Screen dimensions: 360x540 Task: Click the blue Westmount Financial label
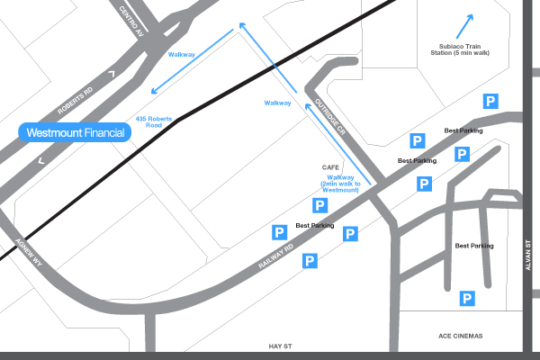coord(76,132)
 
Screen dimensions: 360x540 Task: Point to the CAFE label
coord(329,167)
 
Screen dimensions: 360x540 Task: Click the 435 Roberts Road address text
coord(153,122)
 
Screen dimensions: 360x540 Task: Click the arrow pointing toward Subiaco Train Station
coord(465,24)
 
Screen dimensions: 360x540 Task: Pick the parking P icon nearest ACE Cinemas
coord(467,298)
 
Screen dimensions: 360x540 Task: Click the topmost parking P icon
coord(491,101)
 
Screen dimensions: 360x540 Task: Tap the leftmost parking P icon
coord(279,233)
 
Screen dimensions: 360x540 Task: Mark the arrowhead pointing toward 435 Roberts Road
coord(154,90)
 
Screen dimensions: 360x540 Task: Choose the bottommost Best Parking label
coord(474,246)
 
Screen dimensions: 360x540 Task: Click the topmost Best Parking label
coord(463,131)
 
